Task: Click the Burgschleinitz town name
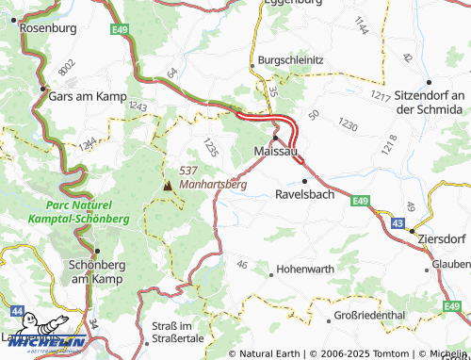tap(291, 60)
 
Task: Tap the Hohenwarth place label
tap(303, 271)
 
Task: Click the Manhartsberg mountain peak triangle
tap(168, 186)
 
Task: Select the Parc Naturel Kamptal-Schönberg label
tap(87, 212)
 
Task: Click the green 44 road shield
tap(18, 309)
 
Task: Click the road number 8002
tap(65, 68)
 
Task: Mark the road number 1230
tap(348, 124)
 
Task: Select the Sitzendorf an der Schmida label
tap(429, 103)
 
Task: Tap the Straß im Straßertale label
tap(178, 332)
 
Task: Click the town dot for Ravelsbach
tap(304, 180)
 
